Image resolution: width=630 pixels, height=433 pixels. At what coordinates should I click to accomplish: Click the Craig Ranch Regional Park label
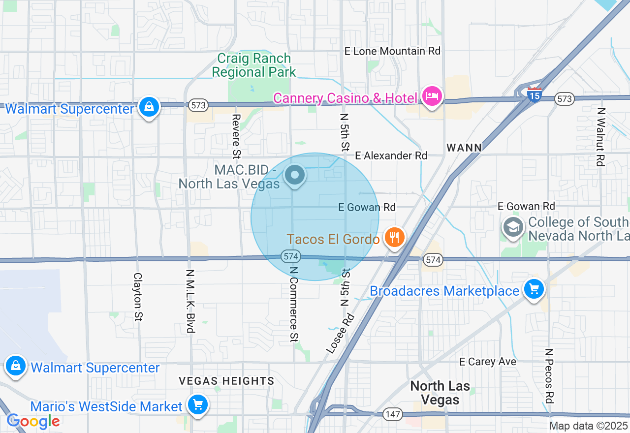coord(254,65)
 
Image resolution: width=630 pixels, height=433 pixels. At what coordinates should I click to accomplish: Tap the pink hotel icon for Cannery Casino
coord(432,96)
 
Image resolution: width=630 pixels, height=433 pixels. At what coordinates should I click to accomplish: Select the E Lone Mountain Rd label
coord(392,51)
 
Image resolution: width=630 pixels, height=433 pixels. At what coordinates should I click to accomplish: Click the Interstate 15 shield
coord(534,94)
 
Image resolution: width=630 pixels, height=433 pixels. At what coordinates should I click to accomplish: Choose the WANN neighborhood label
coord(464,147)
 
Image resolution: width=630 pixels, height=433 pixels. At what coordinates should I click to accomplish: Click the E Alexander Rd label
coord(391,155)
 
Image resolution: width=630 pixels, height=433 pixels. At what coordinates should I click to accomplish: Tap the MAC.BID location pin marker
coord(295,175)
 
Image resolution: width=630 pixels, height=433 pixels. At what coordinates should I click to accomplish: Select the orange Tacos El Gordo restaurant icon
coord(394,238)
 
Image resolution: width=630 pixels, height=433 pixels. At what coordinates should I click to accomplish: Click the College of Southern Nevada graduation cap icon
coord(513,228)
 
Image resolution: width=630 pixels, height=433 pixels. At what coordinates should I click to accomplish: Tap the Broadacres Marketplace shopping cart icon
coord(534,289)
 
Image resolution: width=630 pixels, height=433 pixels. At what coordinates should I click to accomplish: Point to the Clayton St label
coord(138,297)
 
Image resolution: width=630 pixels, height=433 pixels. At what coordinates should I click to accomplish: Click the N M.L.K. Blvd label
coord(190,301)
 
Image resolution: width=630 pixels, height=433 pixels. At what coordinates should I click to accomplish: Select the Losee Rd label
coord(340,333)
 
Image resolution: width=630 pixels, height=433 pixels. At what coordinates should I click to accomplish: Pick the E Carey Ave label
coord(488,362)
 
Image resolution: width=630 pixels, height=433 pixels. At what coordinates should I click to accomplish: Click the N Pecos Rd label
coord(549,376)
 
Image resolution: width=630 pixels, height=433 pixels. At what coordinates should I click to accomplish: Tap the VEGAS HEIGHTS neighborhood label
coord(226,381)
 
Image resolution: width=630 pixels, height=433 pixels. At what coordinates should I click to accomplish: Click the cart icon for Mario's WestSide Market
coord(198,405)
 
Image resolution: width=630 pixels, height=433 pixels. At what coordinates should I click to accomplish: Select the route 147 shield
coord(393,414)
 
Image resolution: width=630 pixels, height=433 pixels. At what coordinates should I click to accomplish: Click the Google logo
coord(33,421)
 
